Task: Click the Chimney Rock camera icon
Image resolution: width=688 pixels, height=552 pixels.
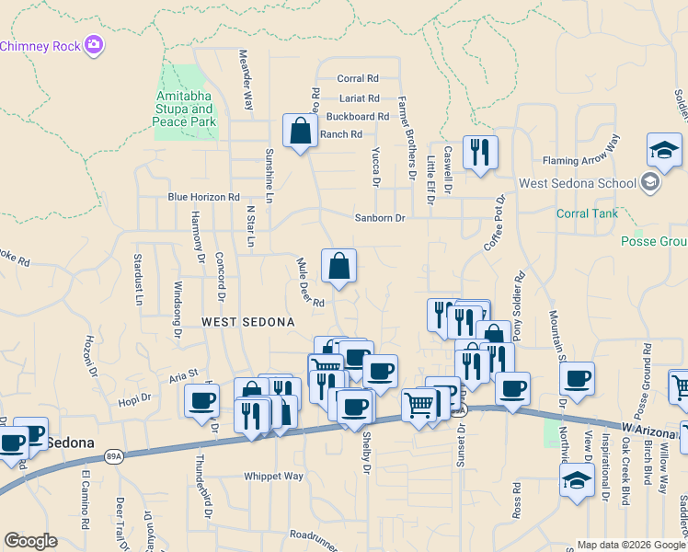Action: (93, 44)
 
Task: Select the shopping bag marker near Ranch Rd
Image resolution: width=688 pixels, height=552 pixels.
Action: (300, 132)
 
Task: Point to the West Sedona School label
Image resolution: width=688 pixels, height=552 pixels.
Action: (578, 183)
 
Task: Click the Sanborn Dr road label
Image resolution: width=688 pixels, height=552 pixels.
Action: (380, 218)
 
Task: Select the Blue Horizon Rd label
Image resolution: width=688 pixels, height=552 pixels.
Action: (203, 197)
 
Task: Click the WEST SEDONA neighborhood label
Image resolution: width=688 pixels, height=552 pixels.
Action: (248, 322)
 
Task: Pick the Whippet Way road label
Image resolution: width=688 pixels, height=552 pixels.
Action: (273, 477)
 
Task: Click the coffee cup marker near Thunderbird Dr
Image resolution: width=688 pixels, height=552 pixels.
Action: (201, 401)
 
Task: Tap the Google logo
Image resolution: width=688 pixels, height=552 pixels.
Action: (30, 541)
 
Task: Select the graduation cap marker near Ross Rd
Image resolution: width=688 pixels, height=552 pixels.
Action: (577, 480)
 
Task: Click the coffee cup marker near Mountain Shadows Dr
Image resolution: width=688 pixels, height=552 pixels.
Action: (577, 379)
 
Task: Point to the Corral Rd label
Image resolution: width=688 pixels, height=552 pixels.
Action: (358, 79)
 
